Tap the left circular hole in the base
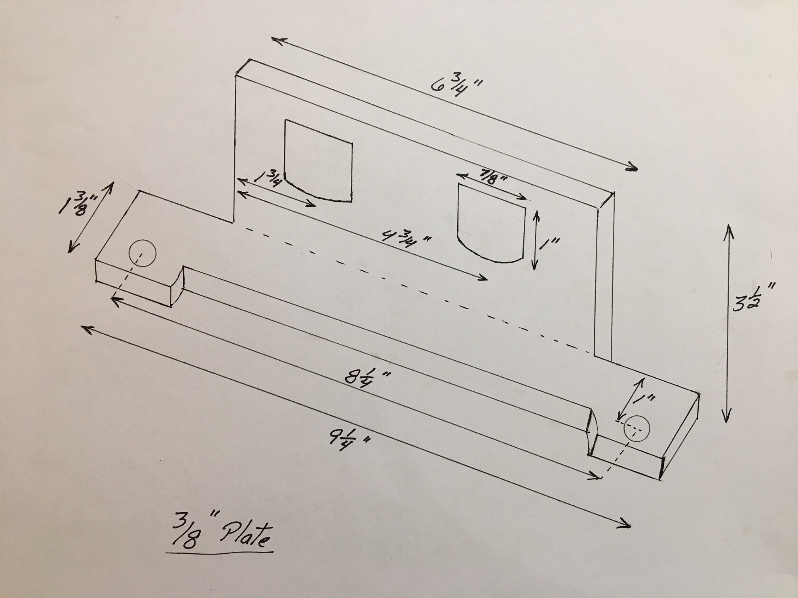[142, 254]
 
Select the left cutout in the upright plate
[318, 161]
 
